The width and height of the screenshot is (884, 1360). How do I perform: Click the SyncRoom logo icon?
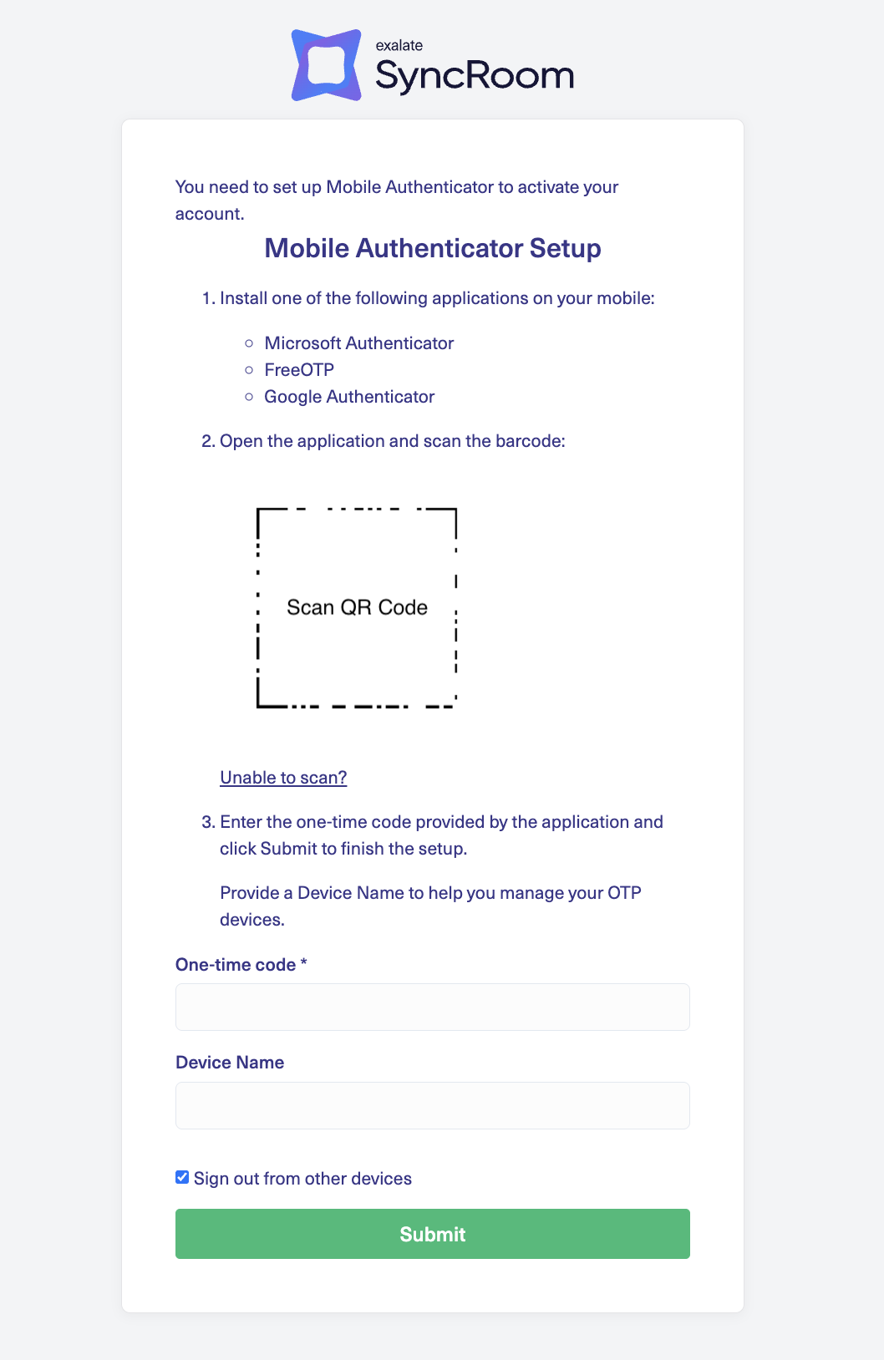(326, 65)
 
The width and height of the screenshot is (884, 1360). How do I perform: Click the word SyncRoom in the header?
(475, 76)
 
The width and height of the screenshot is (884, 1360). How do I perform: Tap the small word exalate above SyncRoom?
(399, 45)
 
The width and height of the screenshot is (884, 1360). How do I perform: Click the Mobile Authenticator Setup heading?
(433, 248)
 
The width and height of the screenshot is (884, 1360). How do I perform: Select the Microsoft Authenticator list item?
(358, 343)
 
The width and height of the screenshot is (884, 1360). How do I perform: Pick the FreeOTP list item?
(299, 370)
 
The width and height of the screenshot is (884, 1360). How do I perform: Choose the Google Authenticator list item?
(349, 397)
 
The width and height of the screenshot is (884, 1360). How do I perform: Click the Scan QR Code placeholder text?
(357, 607)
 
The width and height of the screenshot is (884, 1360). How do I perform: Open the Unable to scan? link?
(283, 778)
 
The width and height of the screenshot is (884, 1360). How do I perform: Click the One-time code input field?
(433, 1007)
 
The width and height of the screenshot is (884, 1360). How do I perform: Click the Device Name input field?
(433, 1105)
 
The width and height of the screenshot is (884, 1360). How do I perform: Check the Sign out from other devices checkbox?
(182, 1178)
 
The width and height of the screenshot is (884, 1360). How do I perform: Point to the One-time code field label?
(236, 965)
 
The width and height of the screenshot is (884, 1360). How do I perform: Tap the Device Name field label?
(230, 1063)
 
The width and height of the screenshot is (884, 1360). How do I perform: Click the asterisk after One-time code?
(304, 963)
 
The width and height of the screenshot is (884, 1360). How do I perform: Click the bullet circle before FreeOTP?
(249, 370)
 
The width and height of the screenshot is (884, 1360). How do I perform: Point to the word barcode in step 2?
(527, 441)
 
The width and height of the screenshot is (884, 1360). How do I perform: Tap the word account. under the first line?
(210, 214)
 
